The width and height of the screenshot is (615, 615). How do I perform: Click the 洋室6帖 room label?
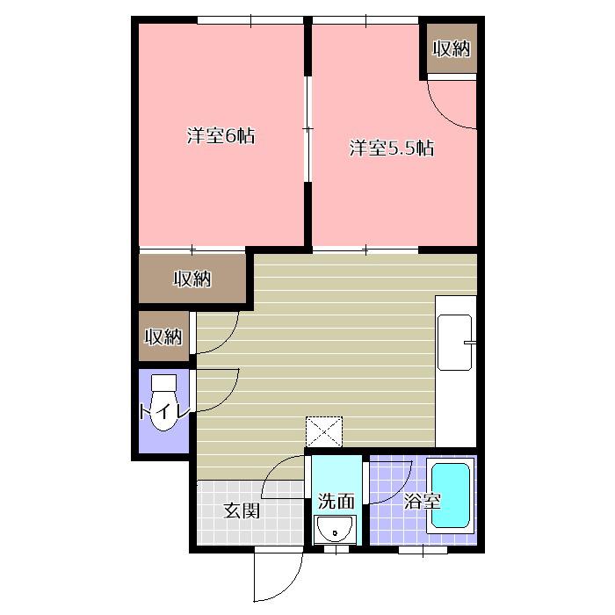click(x=221, y=136)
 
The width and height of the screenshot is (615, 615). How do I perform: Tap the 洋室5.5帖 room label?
click(x=392, y=148)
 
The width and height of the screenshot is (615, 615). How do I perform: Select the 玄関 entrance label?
click(x=242, y=510)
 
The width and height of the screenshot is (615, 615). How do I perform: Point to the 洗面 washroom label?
click(x=336, y=502)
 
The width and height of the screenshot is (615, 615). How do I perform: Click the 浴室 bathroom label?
click(x=422, y=501)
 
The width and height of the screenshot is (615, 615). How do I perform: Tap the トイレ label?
click(x=165, y=412)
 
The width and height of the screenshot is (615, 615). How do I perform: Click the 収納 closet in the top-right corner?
click(x=452, y=48)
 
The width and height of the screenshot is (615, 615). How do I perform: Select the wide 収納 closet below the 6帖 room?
click(x=192, y=279)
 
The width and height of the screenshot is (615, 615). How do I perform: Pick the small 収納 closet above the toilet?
click(x=164, y=336)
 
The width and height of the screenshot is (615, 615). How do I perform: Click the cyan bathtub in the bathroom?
click(x=451, y=495)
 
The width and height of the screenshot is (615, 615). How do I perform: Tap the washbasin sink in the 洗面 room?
click(x=335, y=529)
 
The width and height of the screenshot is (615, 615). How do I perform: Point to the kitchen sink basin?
click(x=454, y=343)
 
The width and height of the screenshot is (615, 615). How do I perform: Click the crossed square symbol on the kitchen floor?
click(x=324, y=431)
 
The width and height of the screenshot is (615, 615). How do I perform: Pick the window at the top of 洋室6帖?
click(x=250, y=19)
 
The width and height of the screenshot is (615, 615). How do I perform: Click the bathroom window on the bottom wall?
click(x=423, y=550)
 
